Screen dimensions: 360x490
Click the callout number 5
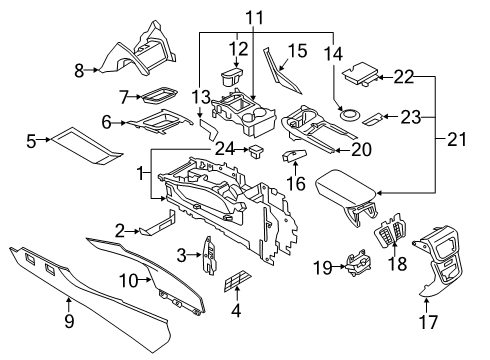click(x=31, y=141)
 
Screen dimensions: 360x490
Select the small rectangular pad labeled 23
click(x=371, y=118)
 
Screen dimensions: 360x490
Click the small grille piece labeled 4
click(x=237, y=283)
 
